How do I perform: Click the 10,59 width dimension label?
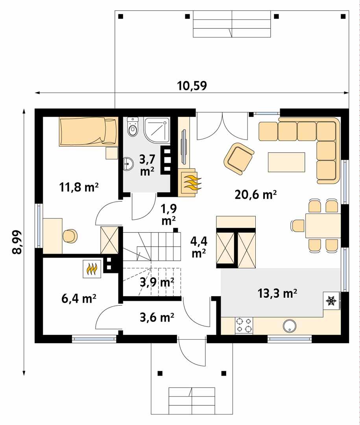click(x=192, y=85)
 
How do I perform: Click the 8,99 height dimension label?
click(x=18, y=242)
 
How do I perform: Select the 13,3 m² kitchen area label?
click(x=277, y=293)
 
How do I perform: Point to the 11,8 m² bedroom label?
click(x=79, y=187)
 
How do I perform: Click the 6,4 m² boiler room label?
click(x=79, y=299)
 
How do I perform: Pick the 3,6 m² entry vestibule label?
click(x=157, y=317)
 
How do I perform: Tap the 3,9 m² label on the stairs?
click(x=157, y=282)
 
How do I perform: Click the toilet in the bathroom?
click(x=133, y=127)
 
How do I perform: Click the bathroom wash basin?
click(x=128, y=163)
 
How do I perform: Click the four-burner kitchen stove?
click(x=244, y=325)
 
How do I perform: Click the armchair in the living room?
click(x=239, y=158)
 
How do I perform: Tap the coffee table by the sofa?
click(x=286, y=162)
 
